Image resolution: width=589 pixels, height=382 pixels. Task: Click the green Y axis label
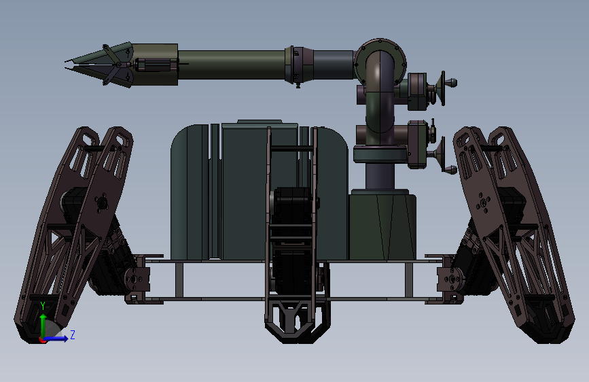[43, 306]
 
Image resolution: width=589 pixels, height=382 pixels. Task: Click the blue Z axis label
[73, 334]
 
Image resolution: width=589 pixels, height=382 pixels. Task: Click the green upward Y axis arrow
[43, 326]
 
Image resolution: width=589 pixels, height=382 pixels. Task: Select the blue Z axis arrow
[56, 338]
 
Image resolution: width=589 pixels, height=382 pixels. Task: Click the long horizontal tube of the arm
[231, 65]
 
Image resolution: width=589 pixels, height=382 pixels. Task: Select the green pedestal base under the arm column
[382, 225]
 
